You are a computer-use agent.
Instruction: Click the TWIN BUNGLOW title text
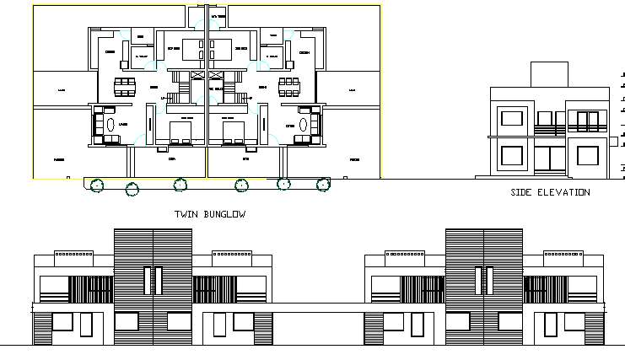209,214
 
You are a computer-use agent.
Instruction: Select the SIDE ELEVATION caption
550,193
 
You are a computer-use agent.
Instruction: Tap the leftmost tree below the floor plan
97,185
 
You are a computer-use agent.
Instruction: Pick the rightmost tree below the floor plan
322,184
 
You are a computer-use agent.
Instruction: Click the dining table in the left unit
126,86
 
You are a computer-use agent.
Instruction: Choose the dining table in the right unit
288,86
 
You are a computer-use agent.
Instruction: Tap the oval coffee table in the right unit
303,123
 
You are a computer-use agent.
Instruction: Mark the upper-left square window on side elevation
512,117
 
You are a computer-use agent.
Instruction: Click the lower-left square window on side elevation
512,155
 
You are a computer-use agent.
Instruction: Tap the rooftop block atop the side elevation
551,74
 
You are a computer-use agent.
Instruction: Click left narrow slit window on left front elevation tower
146,281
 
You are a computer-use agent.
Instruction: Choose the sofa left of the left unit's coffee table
98,122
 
